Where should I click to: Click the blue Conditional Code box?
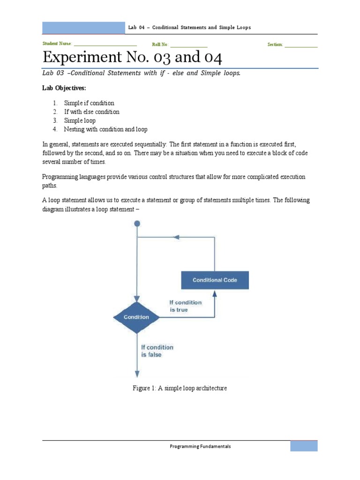[215, 280]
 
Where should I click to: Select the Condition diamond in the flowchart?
[136, 317]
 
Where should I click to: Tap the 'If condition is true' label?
[185, 306]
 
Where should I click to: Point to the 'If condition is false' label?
[157, 351]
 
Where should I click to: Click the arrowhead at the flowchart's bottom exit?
[137, 374]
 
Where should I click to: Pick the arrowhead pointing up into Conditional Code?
[215, 293]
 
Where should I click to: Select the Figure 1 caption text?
[180, 388]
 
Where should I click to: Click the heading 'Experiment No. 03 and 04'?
[132, 58]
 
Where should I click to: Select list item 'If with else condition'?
[91, 112]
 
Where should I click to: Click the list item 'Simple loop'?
[80, 120]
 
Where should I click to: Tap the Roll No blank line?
[188, 45]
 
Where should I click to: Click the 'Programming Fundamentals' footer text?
[200, 447]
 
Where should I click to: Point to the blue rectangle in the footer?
[304, 446]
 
